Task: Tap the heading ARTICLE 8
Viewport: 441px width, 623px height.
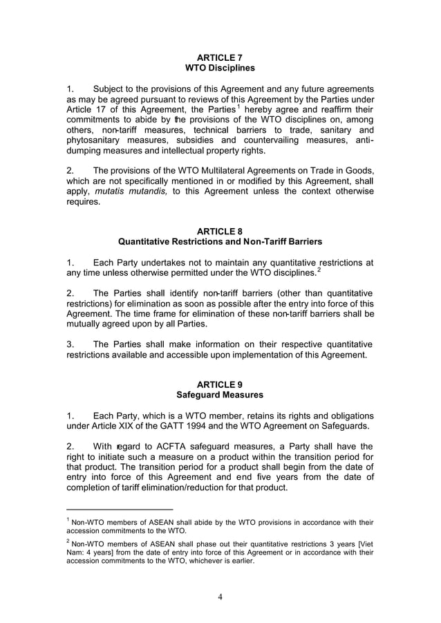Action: click(220, 231)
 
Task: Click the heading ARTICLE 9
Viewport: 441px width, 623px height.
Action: click(220, 384)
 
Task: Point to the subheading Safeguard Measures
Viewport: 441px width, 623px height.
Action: click(220, 395)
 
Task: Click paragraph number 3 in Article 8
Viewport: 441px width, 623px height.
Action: click(70, 344)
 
